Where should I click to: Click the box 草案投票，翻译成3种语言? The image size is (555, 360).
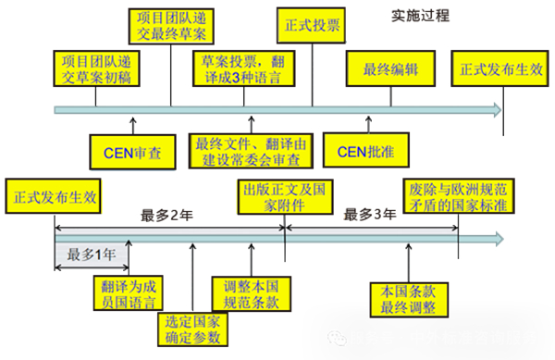pos(244,69)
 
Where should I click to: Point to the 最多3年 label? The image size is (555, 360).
pos(370,216)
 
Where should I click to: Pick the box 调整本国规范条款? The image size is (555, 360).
pos(250,292)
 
